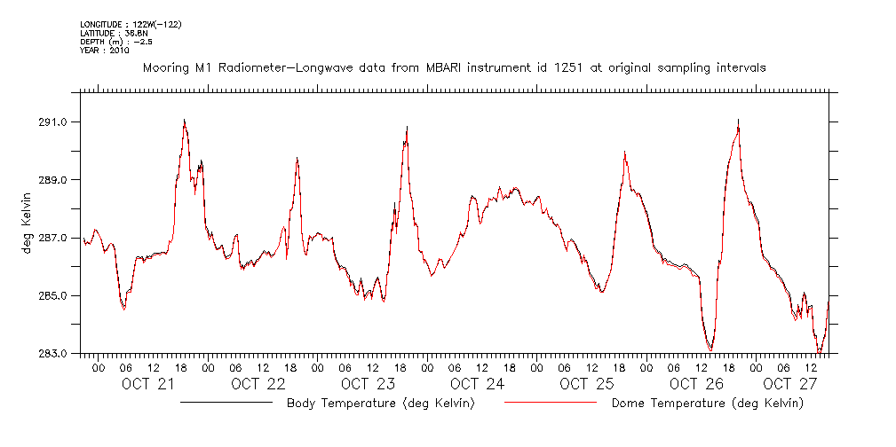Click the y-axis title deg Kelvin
28,226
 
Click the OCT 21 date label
148,384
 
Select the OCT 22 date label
258,384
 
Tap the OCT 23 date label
368,384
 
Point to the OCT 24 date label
478,384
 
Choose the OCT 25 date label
587,384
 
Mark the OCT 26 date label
697,384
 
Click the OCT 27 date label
789,384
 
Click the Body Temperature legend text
380,404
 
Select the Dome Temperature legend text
708,404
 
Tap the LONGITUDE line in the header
131,24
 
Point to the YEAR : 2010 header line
105,51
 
